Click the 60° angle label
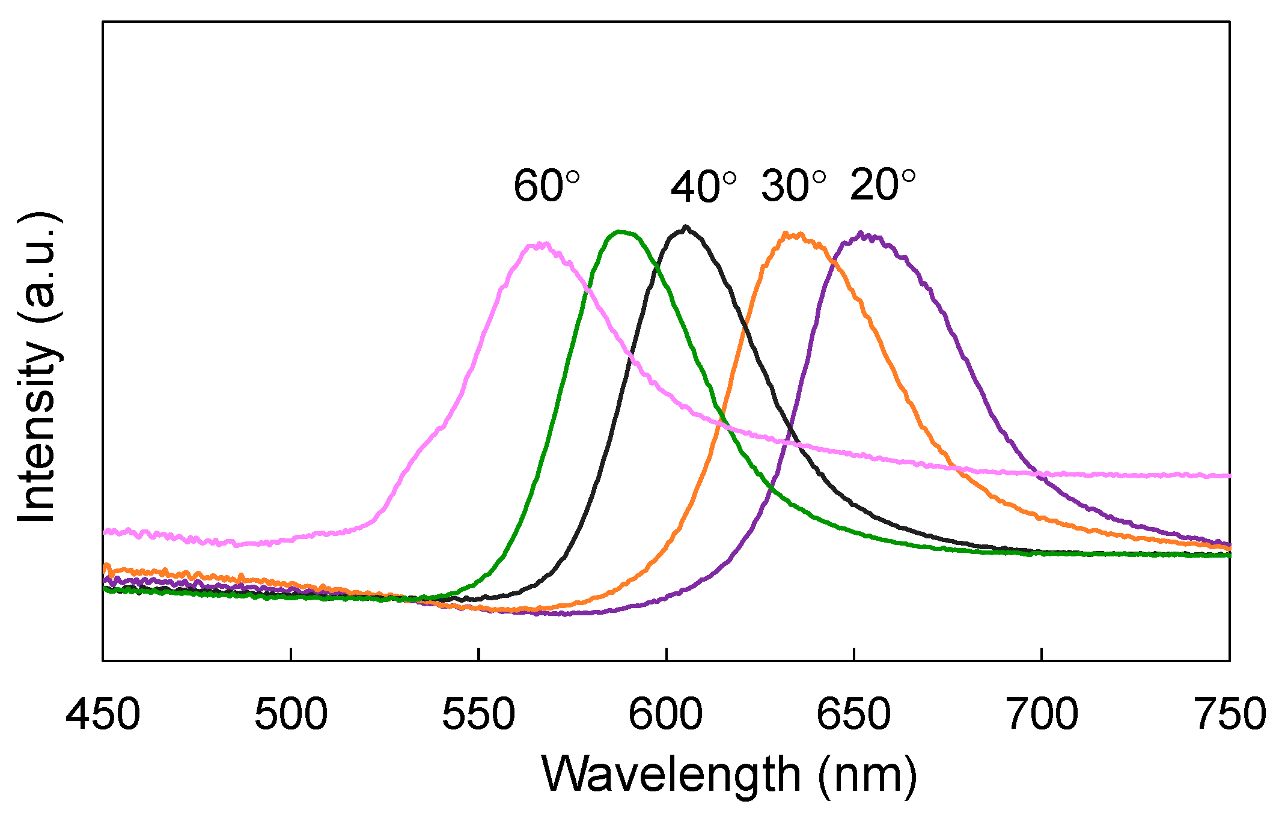pyautogui.click(x=546, y=186)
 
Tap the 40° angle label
pyautogui.click(x=703, y=187)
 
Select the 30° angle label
pyautogui.click(x=793, y=186)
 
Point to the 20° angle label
pyautogui.click(x=882, y=184)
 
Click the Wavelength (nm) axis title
pyautogui.click(x=729, y=775)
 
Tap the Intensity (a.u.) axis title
pyautogui.click(x=37, y=368)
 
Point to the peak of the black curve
pyautogui.click(x=686, y=227)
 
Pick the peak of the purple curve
pyautogui.click(x=862, y=233)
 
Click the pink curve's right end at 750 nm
pyautogui.click(x=1229, y=475)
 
